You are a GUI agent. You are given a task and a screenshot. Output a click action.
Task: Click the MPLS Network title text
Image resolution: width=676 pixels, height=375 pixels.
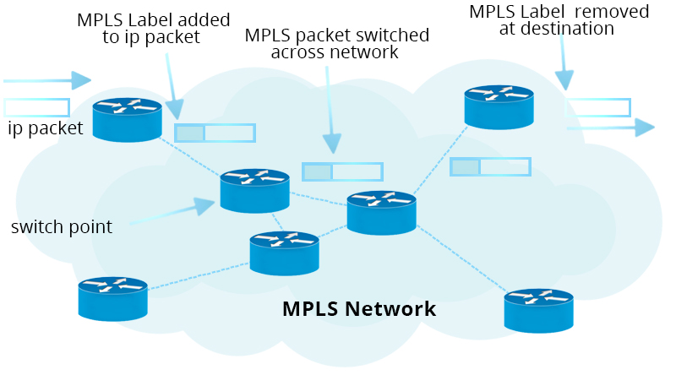[x=358, y=309]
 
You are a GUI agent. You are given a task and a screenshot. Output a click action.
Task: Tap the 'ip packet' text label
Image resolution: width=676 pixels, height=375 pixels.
[x=46, y=129]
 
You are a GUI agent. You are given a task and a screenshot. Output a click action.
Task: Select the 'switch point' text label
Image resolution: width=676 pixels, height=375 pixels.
[x=62, y=226]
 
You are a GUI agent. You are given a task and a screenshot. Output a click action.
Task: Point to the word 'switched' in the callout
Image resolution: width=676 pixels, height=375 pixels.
[x=390, y=36]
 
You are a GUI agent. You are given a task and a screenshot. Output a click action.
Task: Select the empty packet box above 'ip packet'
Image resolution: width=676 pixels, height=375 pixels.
[x=36, y=107]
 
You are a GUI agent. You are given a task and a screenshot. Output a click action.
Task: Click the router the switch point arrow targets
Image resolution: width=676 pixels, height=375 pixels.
[x=254, y=190]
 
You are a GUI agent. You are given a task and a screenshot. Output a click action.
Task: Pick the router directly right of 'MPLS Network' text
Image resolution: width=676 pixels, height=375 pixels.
[x=538, y=310]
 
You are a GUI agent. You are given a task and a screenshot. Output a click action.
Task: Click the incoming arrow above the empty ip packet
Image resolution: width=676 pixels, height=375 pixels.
[x=47, y=81]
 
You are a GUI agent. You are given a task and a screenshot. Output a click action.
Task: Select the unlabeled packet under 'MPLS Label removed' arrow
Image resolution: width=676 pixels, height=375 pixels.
[x=597, y=107]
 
